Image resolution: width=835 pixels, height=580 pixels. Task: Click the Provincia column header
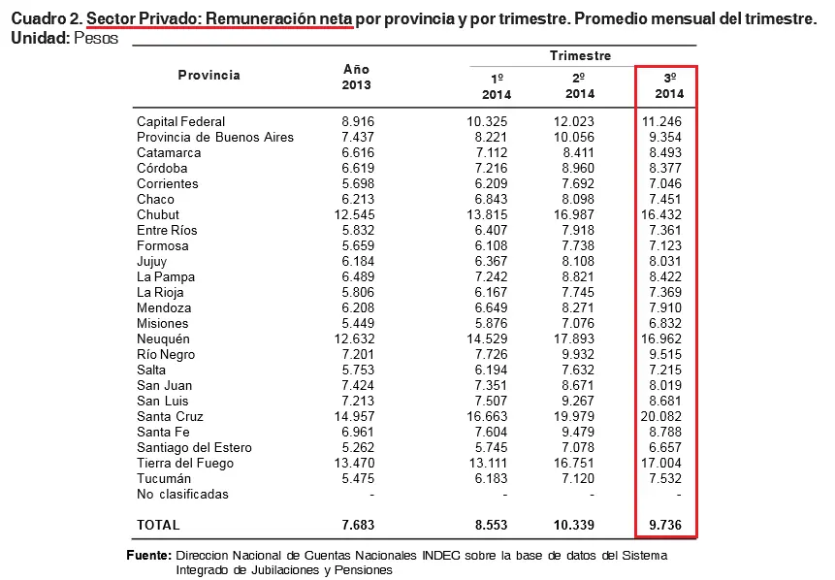(209, 75)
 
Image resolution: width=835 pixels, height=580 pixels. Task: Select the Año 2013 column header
(356, 78)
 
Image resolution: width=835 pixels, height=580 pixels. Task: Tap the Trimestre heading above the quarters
(581, 56)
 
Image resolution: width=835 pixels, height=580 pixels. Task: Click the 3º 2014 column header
(669, 85)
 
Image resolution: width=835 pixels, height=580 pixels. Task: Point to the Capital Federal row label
(180, 121)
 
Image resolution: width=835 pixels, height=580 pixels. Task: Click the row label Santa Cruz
(170, 416)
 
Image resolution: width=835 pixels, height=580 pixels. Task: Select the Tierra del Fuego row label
(185, 463)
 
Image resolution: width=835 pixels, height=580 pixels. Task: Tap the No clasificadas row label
(182, 495)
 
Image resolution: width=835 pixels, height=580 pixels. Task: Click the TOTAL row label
(158, 525)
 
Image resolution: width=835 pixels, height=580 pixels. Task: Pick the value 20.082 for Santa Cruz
(660, 416)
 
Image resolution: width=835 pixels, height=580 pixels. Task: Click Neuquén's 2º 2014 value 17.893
(573, 338)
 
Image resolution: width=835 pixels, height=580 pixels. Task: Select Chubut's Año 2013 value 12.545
(354, 214)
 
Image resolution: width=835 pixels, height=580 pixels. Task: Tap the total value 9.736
(665, 525)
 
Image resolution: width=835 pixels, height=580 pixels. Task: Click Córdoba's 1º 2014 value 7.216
(491, 169)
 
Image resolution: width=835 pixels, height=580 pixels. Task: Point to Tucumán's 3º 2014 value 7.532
(665, 478)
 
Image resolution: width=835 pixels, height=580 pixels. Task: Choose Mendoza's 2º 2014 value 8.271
(578, 307)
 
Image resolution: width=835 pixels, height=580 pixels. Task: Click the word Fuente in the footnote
(148, 556)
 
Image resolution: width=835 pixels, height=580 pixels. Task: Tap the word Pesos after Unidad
(96, 39)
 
